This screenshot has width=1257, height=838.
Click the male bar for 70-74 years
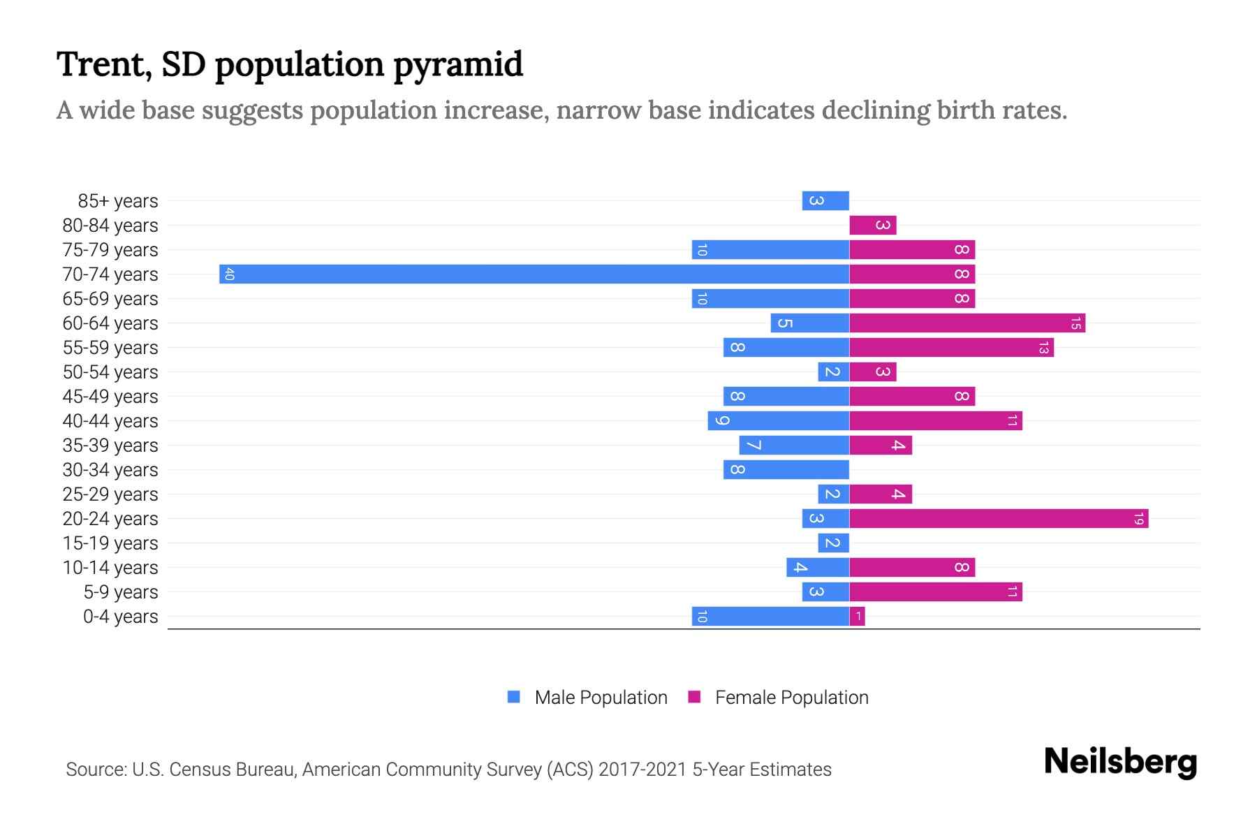534,274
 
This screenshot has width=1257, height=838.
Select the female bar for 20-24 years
999,518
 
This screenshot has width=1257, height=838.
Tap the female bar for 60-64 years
967,323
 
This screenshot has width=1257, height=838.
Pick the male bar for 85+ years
825,200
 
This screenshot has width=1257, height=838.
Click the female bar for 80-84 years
873,225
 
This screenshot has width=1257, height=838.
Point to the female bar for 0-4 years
858,616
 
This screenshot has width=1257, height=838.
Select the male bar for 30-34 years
786,469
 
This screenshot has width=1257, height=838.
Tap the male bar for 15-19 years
834,543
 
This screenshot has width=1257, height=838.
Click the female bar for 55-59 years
951,347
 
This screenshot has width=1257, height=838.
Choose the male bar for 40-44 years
779,420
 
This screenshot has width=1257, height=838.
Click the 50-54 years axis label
110,372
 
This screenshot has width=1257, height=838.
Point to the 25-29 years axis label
110,494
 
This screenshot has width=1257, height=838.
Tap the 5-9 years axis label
121,592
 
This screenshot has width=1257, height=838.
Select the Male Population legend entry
601,697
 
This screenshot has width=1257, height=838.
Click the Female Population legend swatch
694,697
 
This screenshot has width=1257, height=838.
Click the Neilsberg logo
1120,761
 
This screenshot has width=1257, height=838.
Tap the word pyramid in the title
457,65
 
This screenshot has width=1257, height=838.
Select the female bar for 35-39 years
881,445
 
